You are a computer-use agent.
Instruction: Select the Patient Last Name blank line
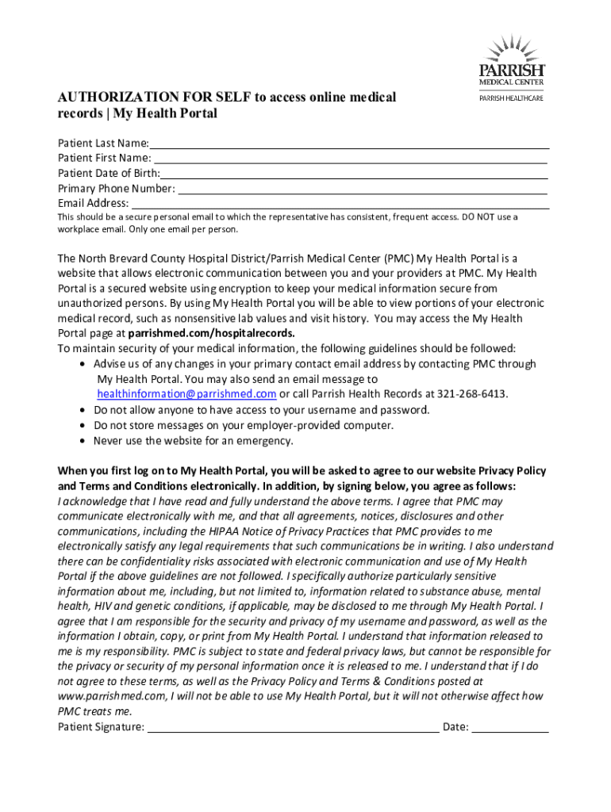[x=349, y=144]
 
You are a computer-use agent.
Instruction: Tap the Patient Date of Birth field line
[x=354, y=174]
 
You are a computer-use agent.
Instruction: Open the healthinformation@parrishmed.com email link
[x=186, y=394]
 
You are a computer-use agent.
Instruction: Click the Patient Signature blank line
[x=294, y=727]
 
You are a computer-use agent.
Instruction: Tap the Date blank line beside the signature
[x=510, y=727]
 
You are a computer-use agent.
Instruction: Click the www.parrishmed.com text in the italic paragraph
[x=111, y=696]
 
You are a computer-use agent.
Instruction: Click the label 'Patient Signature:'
[x=101, y=727]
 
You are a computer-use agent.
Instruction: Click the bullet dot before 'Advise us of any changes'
[x=84, y=364]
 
